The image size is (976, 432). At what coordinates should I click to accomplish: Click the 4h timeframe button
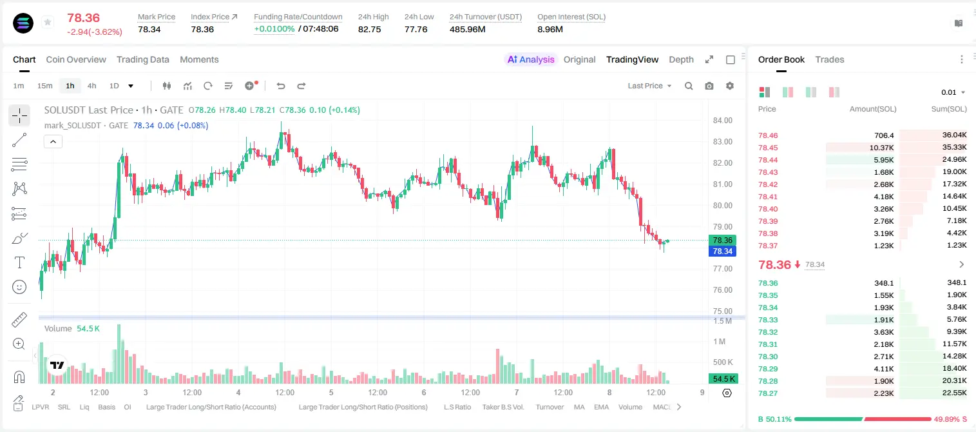[x=91, y=86]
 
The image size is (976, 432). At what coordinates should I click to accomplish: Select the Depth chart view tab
[x=681, y=59]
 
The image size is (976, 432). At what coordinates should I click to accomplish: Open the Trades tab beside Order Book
[x=830, y=59]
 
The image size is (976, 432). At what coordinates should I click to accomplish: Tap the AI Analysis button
[x=531, y=59]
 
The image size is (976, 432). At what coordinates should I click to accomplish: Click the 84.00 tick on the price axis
[x=722, y=121]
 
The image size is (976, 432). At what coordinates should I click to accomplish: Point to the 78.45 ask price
[x=768, y=148]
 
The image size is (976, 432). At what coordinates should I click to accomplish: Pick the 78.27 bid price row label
[x=768, y=393]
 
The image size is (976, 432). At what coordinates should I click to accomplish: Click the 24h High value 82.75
[x=370, y=29]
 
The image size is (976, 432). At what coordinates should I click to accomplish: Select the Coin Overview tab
[x=76, y=59]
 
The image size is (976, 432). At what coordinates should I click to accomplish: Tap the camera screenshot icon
[x=709, y=86]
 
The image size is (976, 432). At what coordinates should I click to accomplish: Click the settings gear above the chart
[x=730, y=86]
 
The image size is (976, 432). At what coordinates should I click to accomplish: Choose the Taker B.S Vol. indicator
[x=502, y=407]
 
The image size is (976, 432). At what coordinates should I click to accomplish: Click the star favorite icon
[x=48, y=22]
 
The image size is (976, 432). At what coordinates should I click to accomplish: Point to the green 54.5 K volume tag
[x=723, y=379]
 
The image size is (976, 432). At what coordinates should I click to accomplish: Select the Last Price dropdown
[x=649, y=86]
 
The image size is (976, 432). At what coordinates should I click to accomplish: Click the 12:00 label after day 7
[x=563, y=392]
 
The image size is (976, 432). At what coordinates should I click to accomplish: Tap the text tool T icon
[x=19, y=262]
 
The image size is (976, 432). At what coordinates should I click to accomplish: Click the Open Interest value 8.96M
[x=550, y=29]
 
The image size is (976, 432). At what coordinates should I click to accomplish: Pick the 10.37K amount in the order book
[x=881, y=148]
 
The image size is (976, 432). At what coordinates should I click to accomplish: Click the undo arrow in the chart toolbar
[x=281, y=86]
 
